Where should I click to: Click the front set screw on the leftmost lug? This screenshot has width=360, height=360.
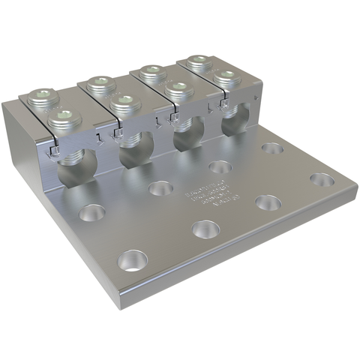pos(62,117)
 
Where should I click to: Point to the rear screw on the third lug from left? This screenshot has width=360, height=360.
pos(153,72)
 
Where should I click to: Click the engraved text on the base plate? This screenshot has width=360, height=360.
pos(207,192)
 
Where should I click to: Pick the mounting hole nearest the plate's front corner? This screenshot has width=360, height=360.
pos(133,260)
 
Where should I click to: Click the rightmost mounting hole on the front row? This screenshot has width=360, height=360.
pos(321,181)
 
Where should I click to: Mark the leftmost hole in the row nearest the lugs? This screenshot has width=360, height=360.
pos(96,213)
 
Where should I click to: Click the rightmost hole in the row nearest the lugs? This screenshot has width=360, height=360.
pos(274,148)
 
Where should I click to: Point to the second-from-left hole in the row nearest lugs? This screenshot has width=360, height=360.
pos(160,188)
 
